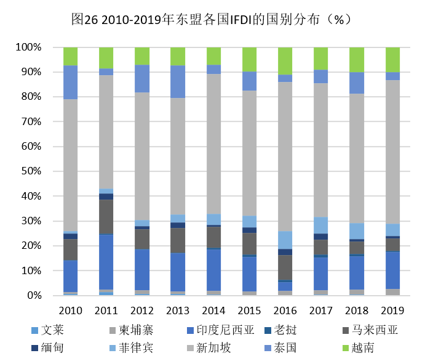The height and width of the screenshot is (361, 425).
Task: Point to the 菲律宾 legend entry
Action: (130, 348)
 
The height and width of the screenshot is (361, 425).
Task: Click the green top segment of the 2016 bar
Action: (285, 61)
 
